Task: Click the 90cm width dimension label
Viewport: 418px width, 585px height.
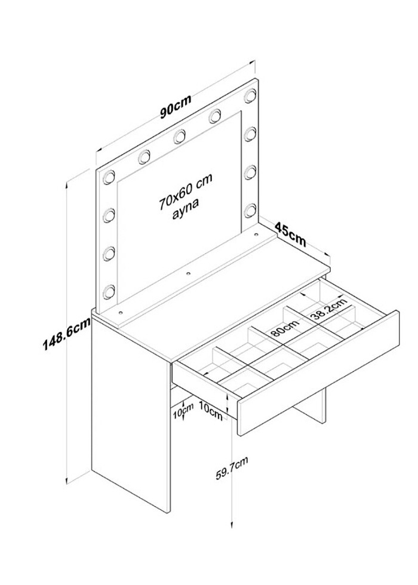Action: point(176,106)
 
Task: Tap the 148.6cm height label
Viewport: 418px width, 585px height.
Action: point(66,334)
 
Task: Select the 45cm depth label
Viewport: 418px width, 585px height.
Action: point(291,234)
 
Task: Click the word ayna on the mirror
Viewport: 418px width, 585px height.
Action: point(186,210)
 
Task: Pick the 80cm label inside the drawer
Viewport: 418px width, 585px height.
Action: point(285,328)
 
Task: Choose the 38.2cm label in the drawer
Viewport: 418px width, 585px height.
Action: point(329,309)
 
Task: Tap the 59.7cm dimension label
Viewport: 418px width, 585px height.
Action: point(232,468)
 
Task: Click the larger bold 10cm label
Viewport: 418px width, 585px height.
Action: point(211,410)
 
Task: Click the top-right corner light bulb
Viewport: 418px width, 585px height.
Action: point(250,96)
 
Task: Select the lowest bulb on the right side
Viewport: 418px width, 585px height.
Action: point(250,210)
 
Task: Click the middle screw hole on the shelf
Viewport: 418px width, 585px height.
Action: point(189,273)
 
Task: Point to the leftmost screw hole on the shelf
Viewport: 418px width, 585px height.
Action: point(121,310)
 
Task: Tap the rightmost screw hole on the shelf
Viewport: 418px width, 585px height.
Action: point(256,235)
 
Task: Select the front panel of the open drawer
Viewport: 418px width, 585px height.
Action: point(318,373)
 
